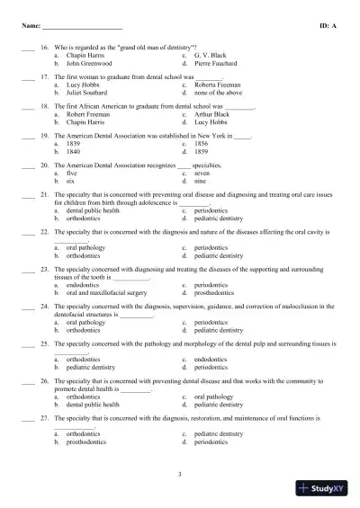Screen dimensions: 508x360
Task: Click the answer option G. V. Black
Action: [210, 56]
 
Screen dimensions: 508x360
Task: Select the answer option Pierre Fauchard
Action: [213, 65]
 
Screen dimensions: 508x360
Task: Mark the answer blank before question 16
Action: [27, 47]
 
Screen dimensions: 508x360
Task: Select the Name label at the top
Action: [31, 27]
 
